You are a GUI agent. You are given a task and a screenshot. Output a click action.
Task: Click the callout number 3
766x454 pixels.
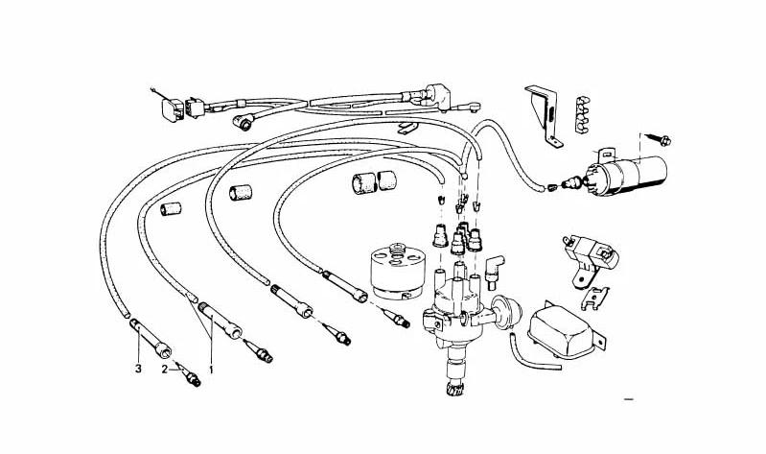137,367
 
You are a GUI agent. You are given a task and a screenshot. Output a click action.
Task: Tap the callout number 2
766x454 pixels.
164,369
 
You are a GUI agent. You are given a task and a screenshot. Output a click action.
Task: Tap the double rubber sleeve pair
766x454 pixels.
373,180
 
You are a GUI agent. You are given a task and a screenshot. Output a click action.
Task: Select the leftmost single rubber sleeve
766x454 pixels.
172,208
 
